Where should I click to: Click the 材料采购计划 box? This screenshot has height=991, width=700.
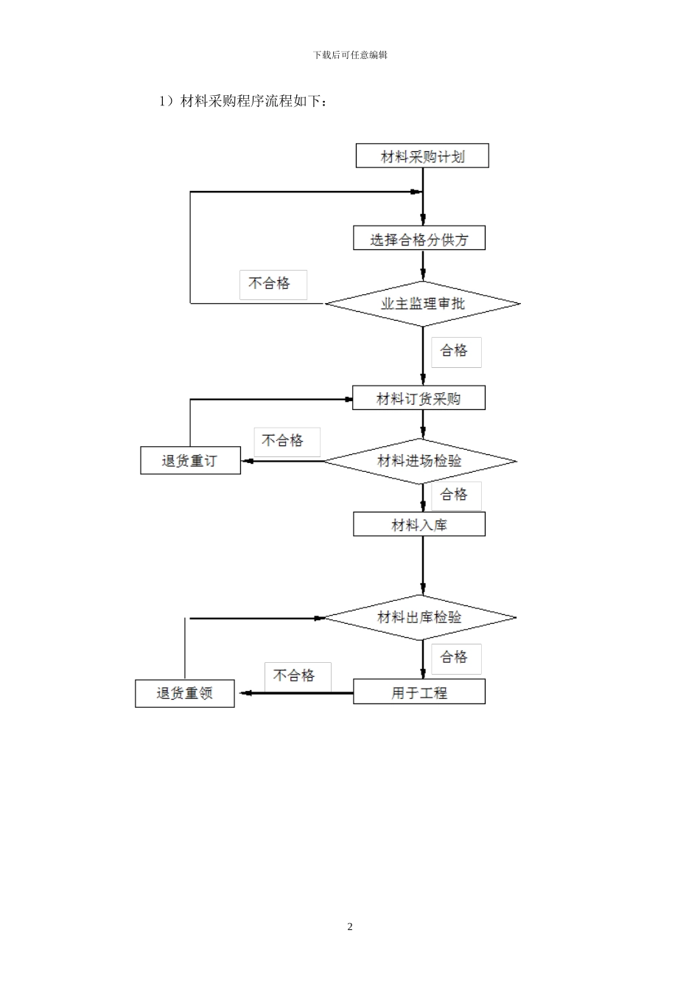pyautogui.click(x=422, y=156)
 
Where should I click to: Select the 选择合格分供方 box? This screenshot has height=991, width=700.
pyautogui.click(x=419, y=239)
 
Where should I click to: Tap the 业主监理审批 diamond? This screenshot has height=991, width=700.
pyautogui.click(x=422, y=304)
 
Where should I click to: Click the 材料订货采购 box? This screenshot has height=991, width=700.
pyautogui.click(x=419, y=399)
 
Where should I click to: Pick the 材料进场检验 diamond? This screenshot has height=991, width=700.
pyautogui.click(x=419, y=462)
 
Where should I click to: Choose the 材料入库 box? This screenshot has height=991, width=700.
pyautogui.click(x=419, y=525)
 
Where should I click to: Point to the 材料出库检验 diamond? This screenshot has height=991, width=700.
pyautogui.click(x=419, y=618)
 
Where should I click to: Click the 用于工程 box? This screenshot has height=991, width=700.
pyautogui.click(x=419, y=692)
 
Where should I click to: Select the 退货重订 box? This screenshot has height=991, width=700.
pyautogui.click(x=190, y=461)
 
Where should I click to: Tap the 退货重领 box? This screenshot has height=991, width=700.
pyautogui.click(x=184, y=693)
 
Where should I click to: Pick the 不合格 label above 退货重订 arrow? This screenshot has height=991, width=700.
pyautogui.click(x=286, y=441)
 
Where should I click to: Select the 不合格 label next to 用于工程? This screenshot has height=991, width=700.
pyautogui.click(x=297, y=675)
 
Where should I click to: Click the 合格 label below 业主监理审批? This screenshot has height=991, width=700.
pyautogui.click(x=455, y=351)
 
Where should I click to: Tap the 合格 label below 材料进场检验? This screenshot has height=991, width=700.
pyautogui.click(x=455, y=495)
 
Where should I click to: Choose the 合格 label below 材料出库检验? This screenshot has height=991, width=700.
pyautogui.click(x=455, y=657)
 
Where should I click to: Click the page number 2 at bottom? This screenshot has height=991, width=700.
pyautogui.click(x=350, y=927)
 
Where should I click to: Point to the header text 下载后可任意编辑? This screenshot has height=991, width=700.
pyautogui.click(x=350, y=55)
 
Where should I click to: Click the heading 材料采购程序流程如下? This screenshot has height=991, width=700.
pyautogui.click(x=243, y=101)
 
